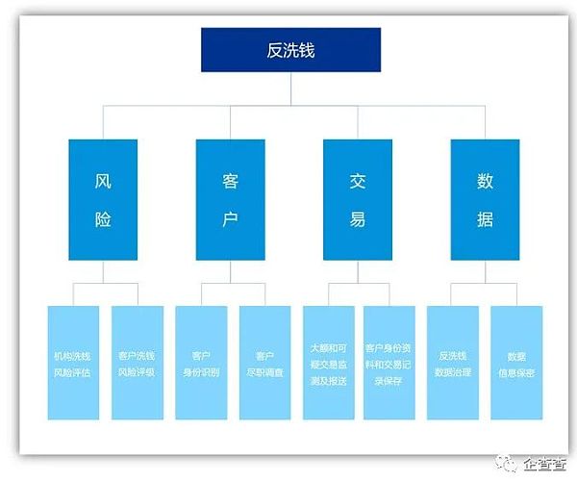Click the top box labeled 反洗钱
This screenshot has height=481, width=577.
pos(290,50)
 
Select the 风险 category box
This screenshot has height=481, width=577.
pos(103,199)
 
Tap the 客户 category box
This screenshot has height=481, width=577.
pos(230,199)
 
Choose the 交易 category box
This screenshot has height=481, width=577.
pos(358,199)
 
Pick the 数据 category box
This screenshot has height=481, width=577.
pos(485,199)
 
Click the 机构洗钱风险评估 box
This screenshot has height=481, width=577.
pos(73,363)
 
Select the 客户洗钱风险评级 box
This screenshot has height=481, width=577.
pos(137,363)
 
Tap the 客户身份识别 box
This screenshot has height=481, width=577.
pos(201,363)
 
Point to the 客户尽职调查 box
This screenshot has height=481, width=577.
pos(264,363)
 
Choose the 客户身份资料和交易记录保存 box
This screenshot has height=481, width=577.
pos(389,363)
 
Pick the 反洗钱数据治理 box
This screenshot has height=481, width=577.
pos(453,363)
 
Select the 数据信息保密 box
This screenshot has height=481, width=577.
pos(516,363)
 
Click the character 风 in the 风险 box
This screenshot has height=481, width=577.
pos(103,180)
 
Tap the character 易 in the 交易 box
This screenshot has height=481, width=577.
pos(358,219)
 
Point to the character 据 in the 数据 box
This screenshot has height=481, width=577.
pos(485,219)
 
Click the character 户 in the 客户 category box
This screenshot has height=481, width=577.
pos(230,219)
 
